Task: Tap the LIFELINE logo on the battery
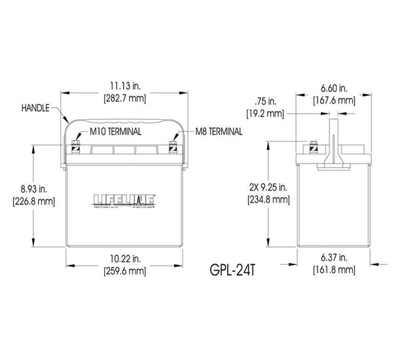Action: [121, 199]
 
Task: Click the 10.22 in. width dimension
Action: [121, 259]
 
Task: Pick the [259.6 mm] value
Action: [121, 271]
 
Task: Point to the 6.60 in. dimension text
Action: [333, 88]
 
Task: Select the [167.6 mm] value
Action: [333, 100]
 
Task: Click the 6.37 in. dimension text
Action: [332, 259]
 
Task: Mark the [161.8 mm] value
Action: [332, 271]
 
